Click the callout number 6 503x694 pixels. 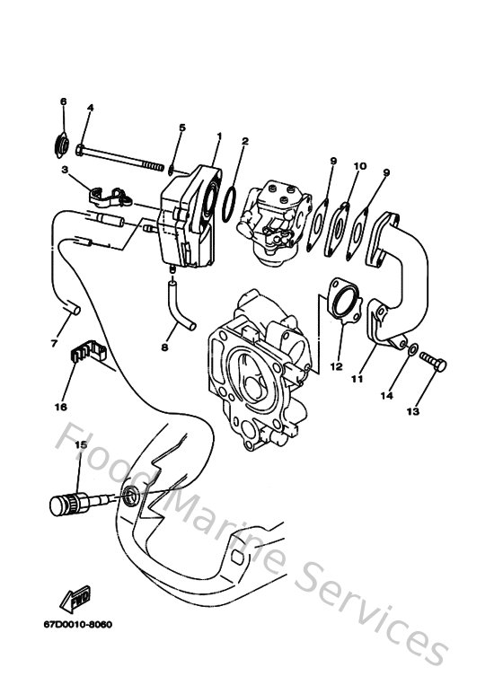(63, 102)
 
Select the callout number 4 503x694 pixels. (90, 108)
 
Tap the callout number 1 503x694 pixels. (218, 136)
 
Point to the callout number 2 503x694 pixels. (245, 142)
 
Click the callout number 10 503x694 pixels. (360, 166)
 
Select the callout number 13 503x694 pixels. (413, 412)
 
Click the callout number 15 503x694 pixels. (79, 445)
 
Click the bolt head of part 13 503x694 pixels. (437, 361)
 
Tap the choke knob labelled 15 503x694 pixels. (60, 502)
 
